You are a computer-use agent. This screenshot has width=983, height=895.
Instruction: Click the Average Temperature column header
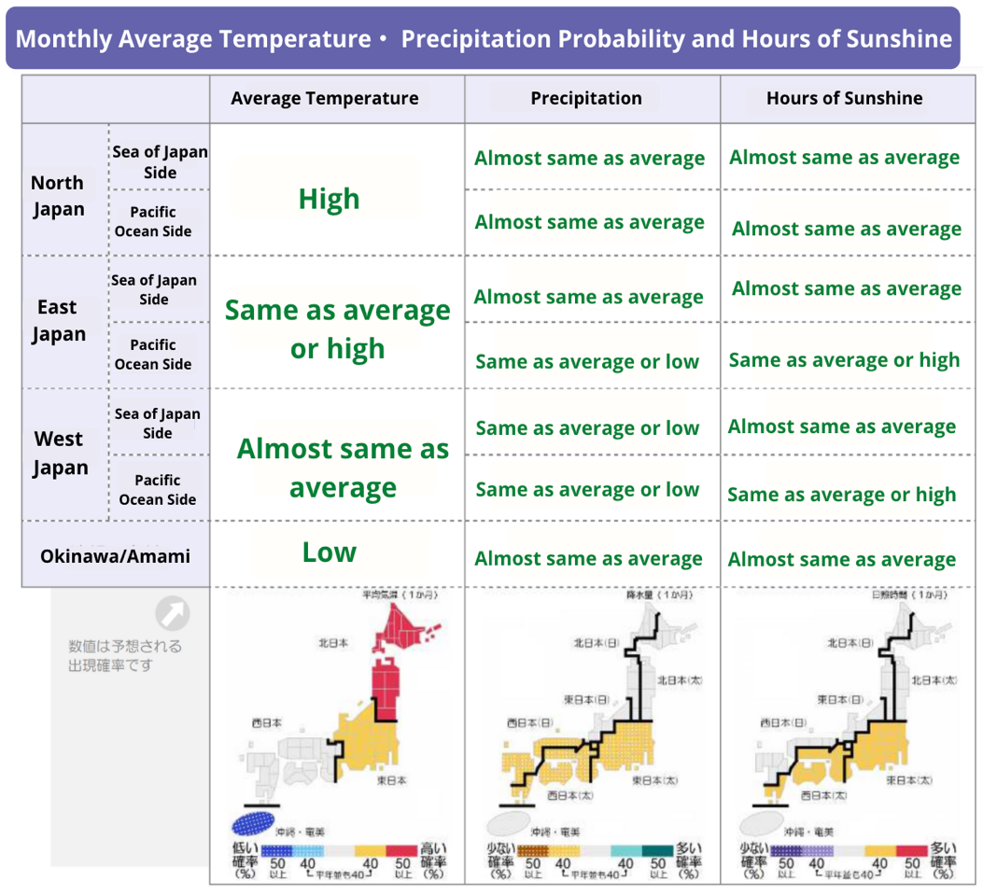pos(324,99)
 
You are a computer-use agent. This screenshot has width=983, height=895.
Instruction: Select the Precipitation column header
pos(586,99)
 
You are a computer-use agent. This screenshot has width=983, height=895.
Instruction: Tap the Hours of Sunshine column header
pos(844,99)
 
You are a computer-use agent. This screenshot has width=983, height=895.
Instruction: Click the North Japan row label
pos(58,196)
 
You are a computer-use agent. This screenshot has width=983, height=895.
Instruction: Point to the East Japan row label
pos(58,320)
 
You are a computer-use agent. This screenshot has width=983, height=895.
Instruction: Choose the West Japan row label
pos(59,453)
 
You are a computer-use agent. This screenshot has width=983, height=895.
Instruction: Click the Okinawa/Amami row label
pos(115,556)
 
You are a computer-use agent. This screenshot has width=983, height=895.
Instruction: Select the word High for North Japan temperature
pos(329,199)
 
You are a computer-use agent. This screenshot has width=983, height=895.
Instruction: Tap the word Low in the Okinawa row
pos(329,552)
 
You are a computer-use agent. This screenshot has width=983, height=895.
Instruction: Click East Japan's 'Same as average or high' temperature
pos(337,329)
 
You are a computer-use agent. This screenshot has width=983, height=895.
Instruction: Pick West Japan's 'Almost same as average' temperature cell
pos(343,468)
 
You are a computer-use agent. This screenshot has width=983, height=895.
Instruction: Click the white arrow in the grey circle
pos(173,614)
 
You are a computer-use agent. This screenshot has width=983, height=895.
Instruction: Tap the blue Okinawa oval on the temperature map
pos(259,822)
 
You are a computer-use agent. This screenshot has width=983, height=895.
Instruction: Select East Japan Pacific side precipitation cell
pos(587,362)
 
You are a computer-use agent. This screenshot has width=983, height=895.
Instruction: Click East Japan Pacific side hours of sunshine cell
pos(844,360)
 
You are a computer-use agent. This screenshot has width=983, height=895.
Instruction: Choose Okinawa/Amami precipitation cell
pos(588,559)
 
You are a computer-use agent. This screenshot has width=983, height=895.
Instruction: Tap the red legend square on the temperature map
pos(402,851)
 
